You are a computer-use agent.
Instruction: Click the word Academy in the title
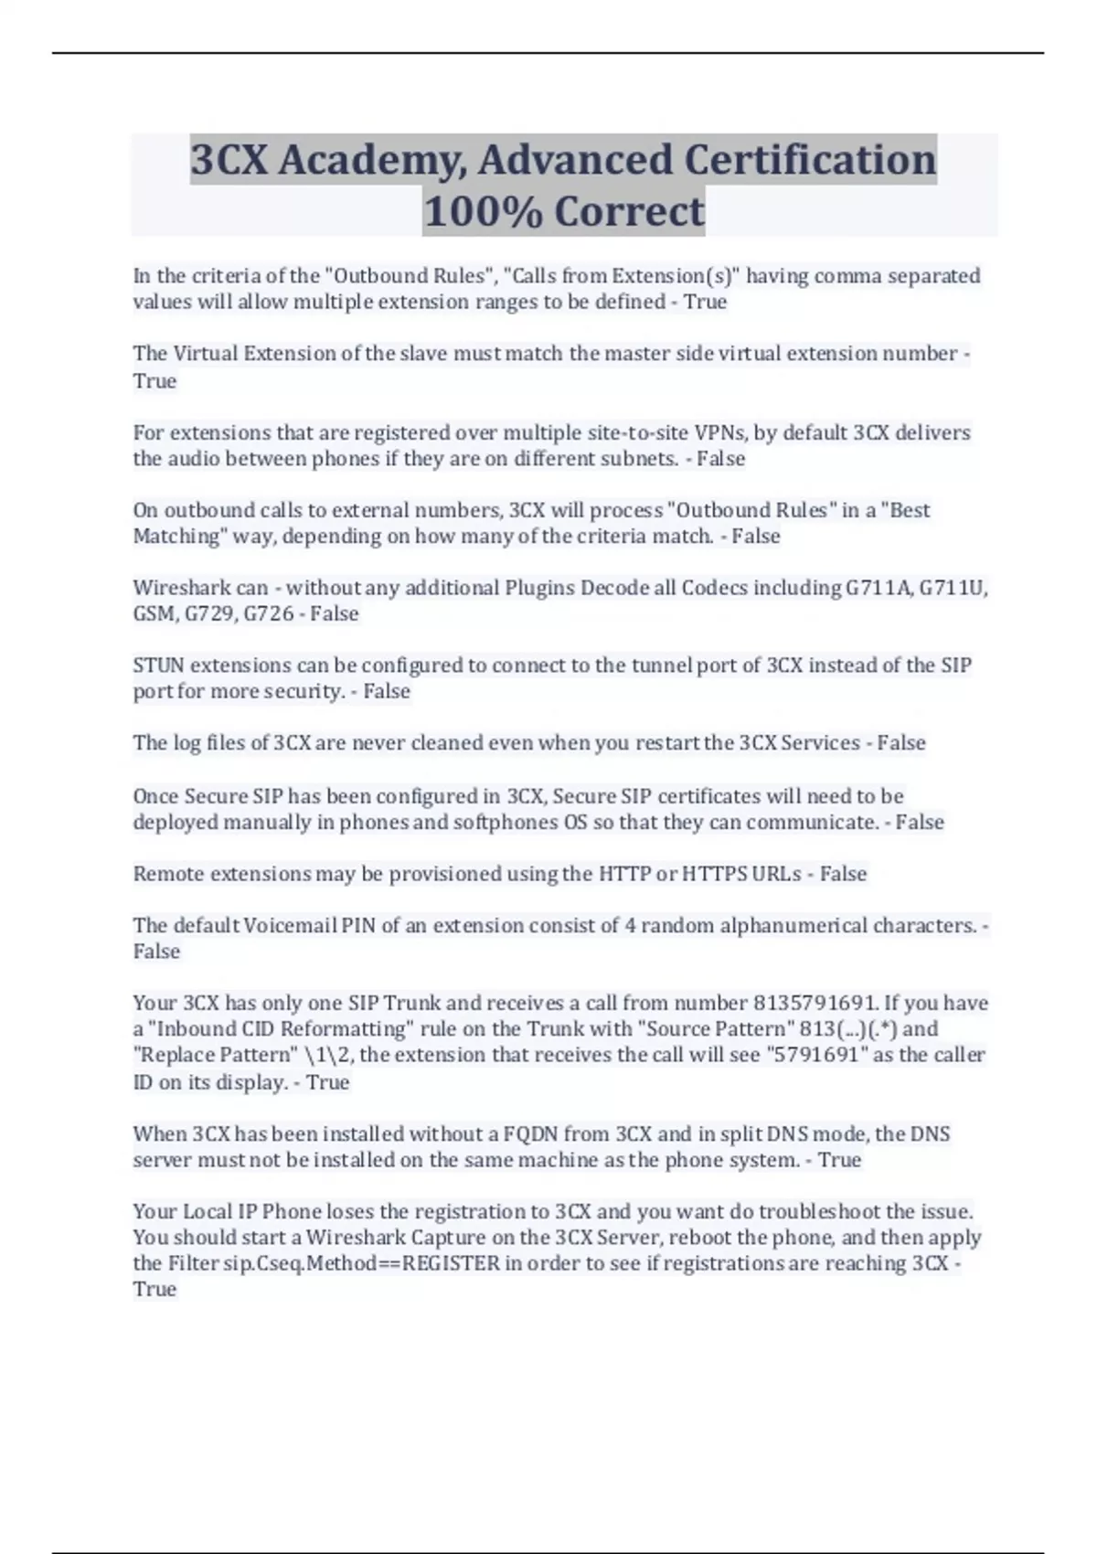point(371,160)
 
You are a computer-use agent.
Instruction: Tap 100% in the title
point(483,212)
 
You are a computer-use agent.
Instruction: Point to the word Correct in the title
point(630,212)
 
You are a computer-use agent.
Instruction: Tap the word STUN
point(158,665)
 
